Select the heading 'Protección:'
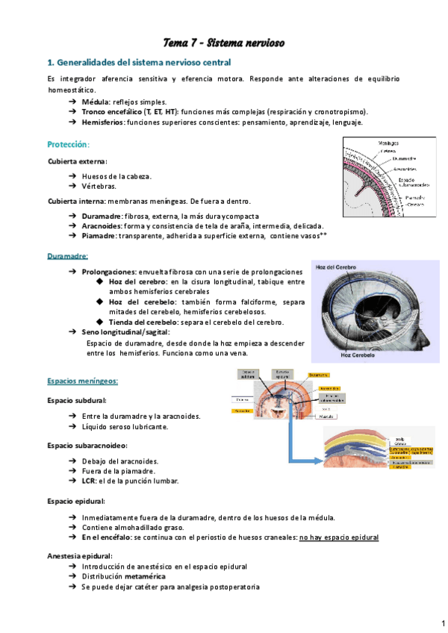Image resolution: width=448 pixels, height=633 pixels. point(68,143)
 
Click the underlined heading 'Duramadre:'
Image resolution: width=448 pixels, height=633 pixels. point(67,256)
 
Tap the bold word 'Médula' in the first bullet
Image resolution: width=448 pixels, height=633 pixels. point(95,101)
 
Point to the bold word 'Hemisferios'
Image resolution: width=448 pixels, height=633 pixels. point(103,122)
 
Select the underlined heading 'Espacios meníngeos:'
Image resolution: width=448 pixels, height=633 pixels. point(82,381)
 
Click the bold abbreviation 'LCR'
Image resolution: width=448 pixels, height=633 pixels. point(89,481)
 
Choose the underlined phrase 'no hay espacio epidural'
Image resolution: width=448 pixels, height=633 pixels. point(338,537)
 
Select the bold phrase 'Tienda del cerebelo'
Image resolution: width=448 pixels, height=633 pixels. point(145,322)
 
